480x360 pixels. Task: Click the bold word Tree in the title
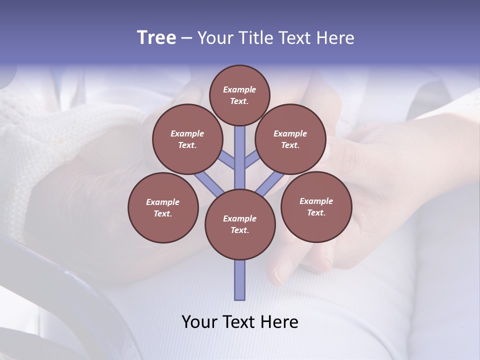[x=156, y=38]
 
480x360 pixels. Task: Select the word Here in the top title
[x=335, y=38]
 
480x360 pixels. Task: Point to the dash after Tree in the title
[x=186, y=38]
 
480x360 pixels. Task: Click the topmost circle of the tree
[x=239, y=95]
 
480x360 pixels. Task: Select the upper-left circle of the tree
[x=187, y=139]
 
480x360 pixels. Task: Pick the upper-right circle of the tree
[x=290, y=139]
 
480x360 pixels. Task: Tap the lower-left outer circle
[x=163, y=207]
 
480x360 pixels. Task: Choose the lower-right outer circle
[x=316, y=206]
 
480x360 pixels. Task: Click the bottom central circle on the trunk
[x=240, y=224]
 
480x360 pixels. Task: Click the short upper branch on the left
[x=227, y=160]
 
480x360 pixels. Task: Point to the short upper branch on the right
[x=252, y=160]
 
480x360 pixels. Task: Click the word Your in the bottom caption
[x=199, y=322]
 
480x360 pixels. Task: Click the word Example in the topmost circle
[x=239, y=89]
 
